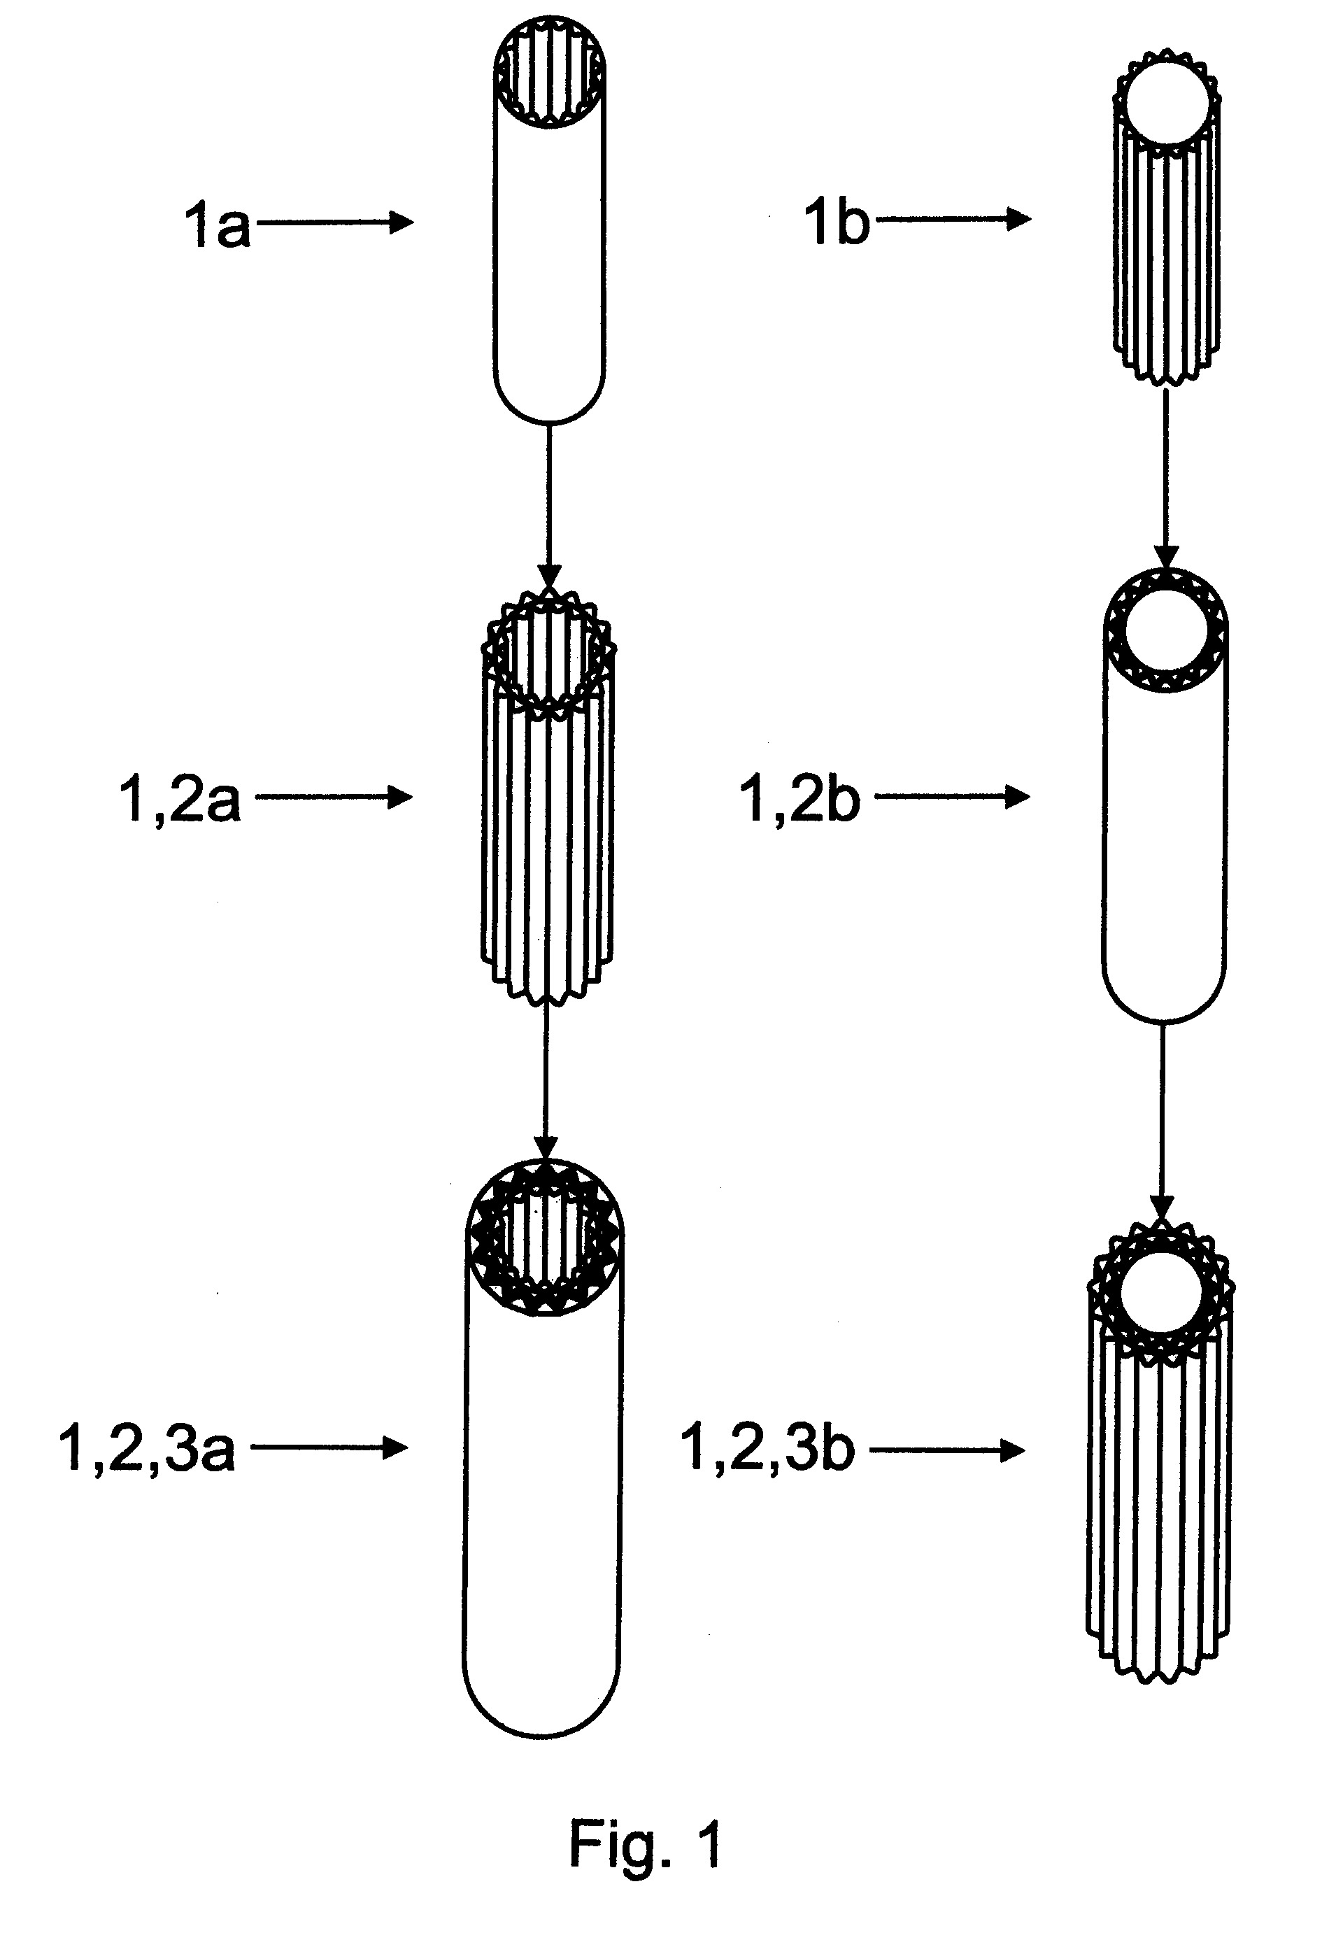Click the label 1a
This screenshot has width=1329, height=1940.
(217, 224)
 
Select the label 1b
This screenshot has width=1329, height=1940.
(837, 222)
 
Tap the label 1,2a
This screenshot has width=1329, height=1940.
(180, 799)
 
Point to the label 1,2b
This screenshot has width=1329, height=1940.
(799, 798)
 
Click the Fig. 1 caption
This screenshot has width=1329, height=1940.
(646, 1843)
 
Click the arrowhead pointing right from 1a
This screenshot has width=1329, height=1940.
(402, 222)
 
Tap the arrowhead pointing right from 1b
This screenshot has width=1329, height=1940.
(1019, 220)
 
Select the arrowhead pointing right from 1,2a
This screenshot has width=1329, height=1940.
(401, 798)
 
